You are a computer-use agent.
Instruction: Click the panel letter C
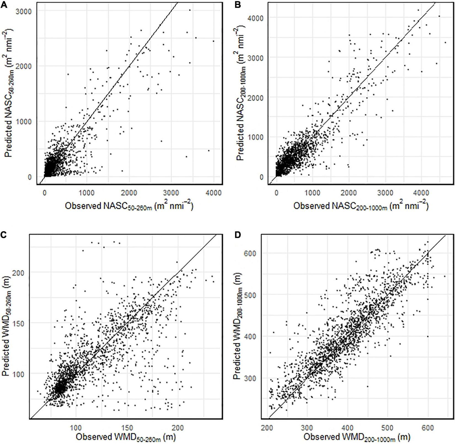tap(4, 235)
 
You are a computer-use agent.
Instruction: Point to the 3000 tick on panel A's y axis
tap(25, 11)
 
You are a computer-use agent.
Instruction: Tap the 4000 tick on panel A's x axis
tap(213, 193)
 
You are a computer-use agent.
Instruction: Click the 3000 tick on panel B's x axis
tap(385, 193)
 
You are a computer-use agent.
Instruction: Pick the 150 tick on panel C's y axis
tap(25, 323)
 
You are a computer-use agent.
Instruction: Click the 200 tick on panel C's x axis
tap(178, 428)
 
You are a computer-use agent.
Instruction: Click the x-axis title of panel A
tap(129, 206)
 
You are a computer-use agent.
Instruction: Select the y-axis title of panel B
tap(241, 94)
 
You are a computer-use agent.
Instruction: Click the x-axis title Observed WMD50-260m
tap(125, 437)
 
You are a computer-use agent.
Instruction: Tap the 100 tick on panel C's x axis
tap(76, 428)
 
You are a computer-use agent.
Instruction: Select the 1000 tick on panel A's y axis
tap(25, 122)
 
